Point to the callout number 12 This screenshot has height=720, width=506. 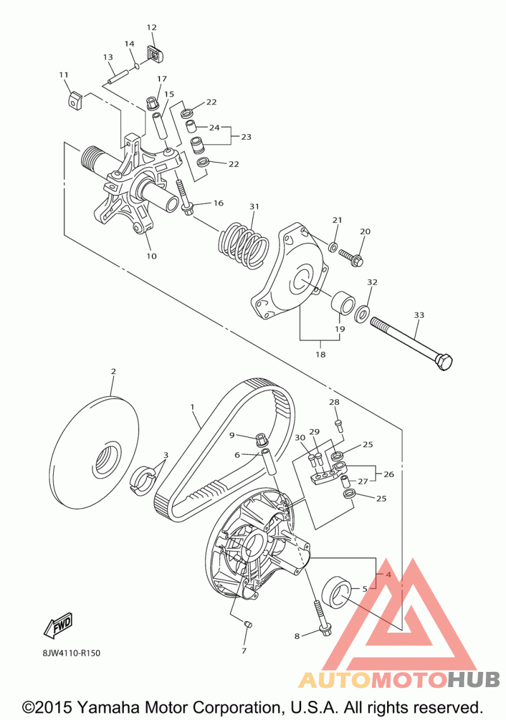152,27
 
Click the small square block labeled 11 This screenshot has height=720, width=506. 75,99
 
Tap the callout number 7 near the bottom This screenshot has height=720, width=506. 244,650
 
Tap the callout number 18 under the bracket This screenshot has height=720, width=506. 321,354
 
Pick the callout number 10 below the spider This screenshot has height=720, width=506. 152,256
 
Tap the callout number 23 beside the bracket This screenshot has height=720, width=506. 246,136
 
